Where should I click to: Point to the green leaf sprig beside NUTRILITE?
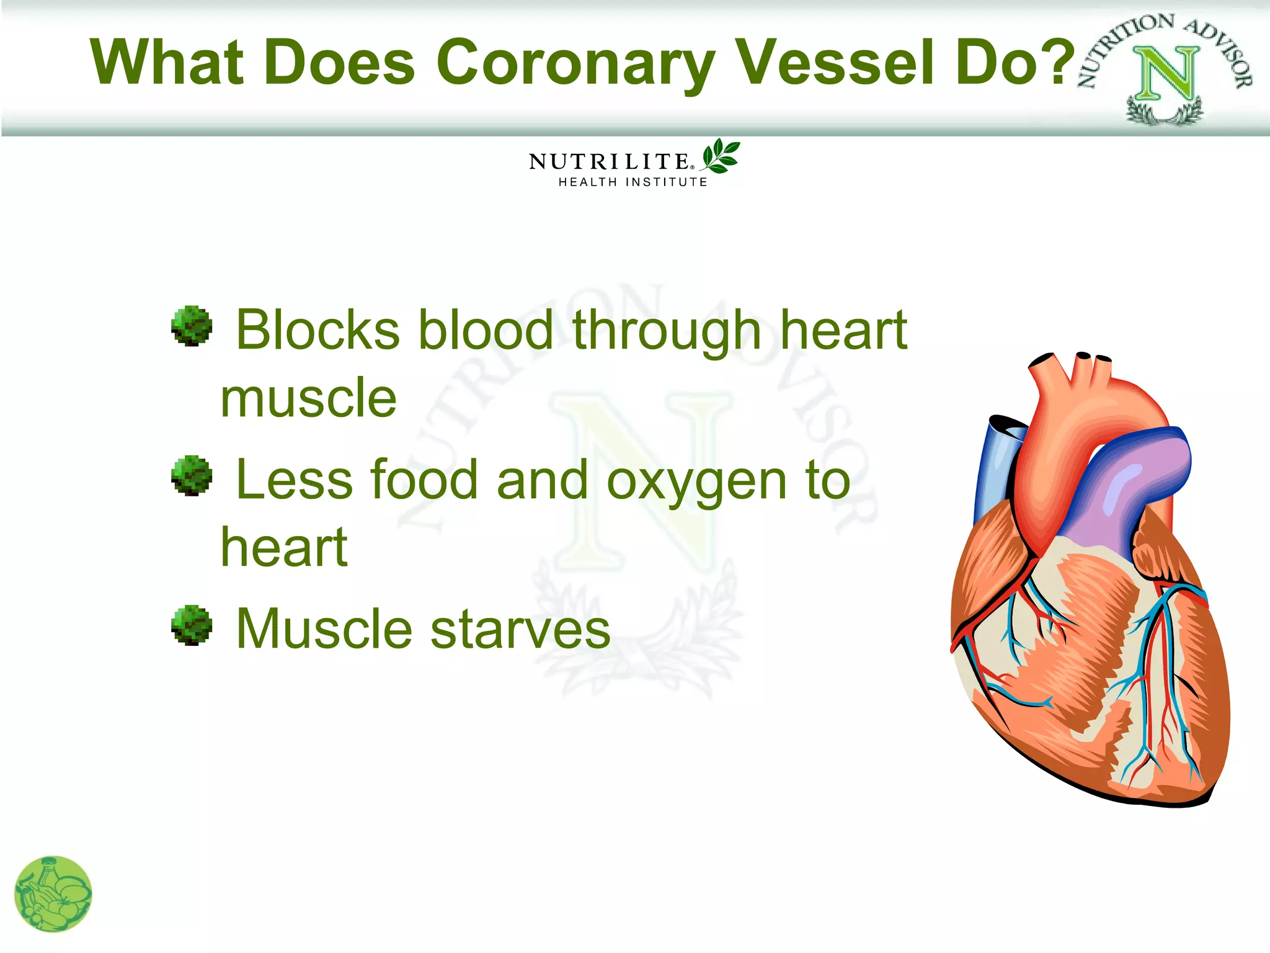(x=721, y=156)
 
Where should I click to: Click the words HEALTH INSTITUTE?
(x=633, y=182)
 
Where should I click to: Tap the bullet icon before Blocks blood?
(x=192, y=326)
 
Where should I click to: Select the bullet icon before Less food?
(x=192, y=476)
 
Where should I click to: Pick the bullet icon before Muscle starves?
(x=192, y=625)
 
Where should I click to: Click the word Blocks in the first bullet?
(x=318, y=331)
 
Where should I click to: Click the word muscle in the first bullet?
(x=308, y=399)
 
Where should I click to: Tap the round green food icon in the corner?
(x=53, y=894)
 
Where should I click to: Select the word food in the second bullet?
(x=425, y=480)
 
